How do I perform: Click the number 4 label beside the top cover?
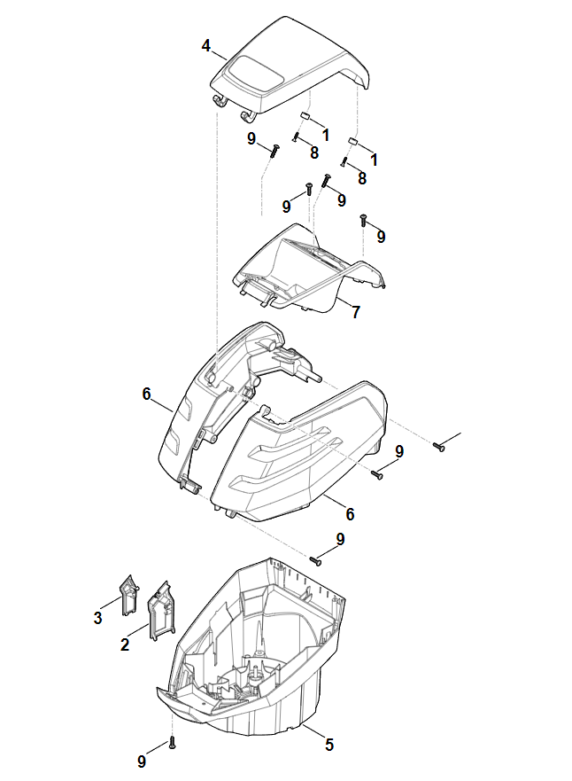[x=206, y=46]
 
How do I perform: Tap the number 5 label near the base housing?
[x=329, y=745]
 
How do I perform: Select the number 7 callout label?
[x=356, y=312]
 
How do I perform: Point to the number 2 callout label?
[x=125, y=644]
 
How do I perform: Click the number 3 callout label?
[x=98, y=618]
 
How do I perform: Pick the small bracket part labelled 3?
[x=128, y=595]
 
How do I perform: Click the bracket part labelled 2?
[x=160, y=611]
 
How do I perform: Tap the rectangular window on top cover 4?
[x=253, y=74]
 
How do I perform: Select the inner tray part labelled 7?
[x=311, y=269]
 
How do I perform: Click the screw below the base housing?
[x=173, y=743]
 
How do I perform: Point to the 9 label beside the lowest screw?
[x=142, y=761]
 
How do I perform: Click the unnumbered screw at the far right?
[x=438, y=447]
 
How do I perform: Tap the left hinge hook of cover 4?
[x=220, y=100]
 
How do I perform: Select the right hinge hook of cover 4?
[x=247, y=115]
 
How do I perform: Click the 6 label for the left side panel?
[x=146, y=394]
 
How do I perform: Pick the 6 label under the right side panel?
[x=350, y=514]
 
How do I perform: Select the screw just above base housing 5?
[x=316, y=561]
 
